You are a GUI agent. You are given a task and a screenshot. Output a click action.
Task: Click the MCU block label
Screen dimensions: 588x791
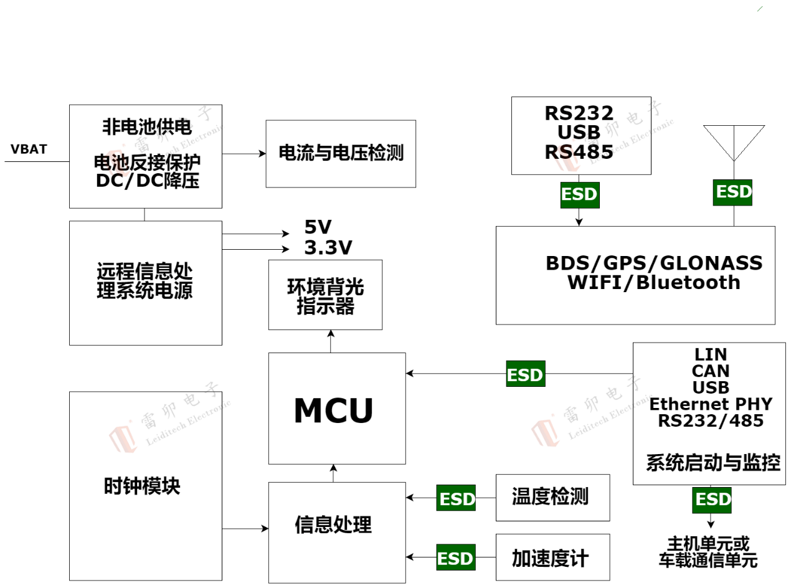pos(333,410)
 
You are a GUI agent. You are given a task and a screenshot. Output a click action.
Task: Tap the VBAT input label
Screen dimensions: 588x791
pos(29,149)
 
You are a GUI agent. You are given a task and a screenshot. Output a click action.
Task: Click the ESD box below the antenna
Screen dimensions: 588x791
pos(732,192)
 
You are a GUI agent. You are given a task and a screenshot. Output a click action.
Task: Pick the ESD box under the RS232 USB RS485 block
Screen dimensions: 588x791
pos(579,195)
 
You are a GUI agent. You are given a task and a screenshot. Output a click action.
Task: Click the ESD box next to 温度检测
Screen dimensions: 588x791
pos(456,498)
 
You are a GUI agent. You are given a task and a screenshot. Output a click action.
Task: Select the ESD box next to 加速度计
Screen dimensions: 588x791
pos(456,558)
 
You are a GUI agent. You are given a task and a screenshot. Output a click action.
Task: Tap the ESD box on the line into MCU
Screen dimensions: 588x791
pos(526,375)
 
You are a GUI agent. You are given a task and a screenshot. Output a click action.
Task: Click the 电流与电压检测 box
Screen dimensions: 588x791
pos(341,153)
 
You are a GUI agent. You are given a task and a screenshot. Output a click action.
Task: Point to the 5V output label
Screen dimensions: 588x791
pos(318,227)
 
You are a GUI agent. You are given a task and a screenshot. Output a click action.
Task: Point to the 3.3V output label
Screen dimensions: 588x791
pos(328,249)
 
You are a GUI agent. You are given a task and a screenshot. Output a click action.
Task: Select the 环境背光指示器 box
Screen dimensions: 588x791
pos(325,295)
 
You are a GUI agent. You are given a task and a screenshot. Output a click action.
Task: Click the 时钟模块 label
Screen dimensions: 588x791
pos(142,486)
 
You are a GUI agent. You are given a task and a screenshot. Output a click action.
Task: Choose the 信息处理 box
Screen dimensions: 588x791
pos(333,525)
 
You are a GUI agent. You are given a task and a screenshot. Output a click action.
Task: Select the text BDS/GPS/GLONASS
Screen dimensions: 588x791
pos(654,263)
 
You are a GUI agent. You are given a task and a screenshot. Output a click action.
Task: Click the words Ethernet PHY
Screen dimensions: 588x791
pos(711,404)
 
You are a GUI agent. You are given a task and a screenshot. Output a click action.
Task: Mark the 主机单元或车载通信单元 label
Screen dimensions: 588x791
pos(708,551)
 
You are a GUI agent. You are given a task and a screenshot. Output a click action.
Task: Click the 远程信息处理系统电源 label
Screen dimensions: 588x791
pos(144,282)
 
